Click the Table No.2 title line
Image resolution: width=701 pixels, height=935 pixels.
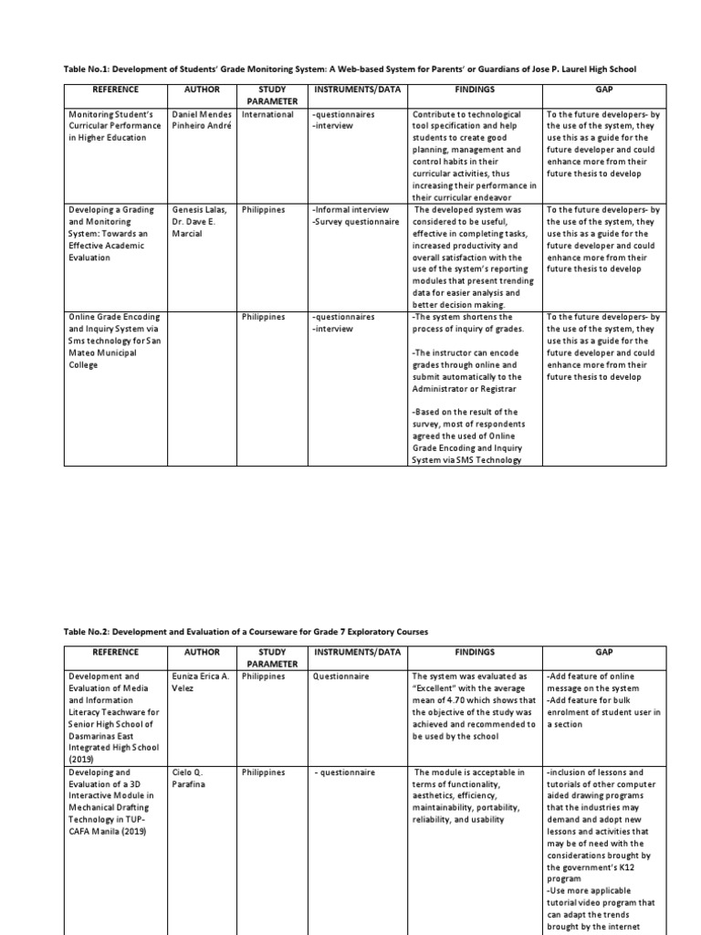pos(246,632)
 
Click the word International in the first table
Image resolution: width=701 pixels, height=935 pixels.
pos(267,115)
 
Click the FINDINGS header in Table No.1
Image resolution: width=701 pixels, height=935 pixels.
pos(474,90)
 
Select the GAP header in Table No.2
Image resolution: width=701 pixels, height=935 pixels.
pos(603,653)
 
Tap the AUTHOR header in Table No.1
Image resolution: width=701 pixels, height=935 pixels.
pos(203,90)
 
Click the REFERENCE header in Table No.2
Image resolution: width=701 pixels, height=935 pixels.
pos(116,653)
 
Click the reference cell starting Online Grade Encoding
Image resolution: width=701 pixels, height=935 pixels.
pos(113,341)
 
